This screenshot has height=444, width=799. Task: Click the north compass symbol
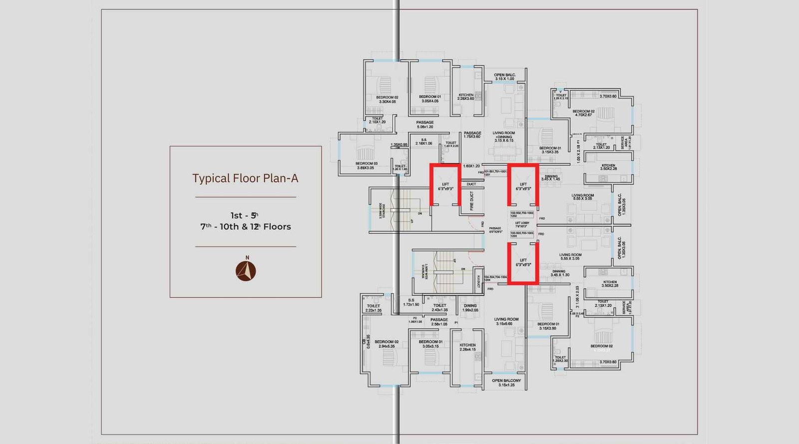pos(246,271)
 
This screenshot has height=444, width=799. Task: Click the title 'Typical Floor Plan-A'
pos(245,178)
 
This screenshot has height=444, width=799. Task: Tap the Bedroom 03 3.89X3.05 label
pos(367,166)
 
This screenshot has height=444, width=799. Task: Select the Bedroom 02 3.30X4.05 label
pos(387,99)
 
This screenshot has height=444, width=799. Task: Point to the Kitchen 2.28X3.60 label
pos(465,97)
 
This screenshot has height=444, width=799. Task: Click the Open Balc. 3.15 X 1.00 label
pos(504,77)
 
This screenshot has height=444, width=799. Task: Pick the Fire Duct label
pos(472,200)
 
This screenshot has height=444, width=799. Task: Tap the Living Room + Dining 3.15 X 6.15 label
pos(504,137)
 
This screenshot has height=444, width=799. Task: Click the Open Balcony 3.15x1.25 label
pos(506,383)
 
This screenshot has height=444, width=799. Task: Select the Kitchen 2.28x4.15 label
pos(467,347)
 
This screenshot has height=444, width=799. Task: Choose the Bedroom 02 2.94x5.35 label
pos(387,344)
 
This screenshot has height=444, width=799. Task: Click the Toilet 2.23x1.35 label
pos(373,308)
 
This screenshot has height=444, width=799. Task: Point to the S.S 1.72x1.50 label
pos(411,302)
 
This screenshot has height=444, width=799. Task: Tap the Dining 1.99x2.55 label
pos(470,308)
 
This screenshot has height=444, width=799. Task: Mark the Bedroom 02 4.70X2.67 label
pos(583,113)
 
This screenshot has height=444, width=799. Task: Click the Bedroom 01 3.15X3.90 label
pos(548,326)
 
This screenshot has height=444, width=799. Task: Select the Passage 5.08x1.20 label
pos(425,124)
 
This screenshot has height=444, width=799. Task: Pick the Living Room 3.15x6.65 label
pos(506,321)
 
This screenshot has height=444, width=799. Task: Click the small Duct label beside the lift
pos(471,184)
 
